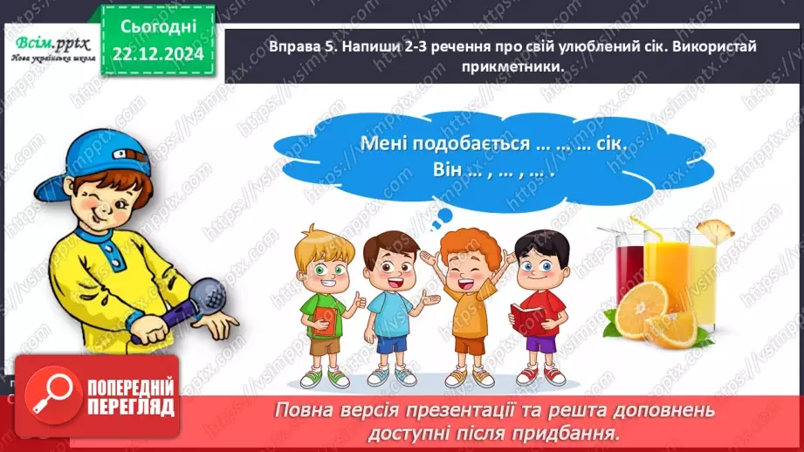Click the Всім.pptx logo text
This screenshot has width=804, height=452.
pyautogui.click(x=46, y=43)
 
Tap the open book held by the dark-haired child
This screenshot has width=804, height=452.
pyautogui.click(x=532, y=319)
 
